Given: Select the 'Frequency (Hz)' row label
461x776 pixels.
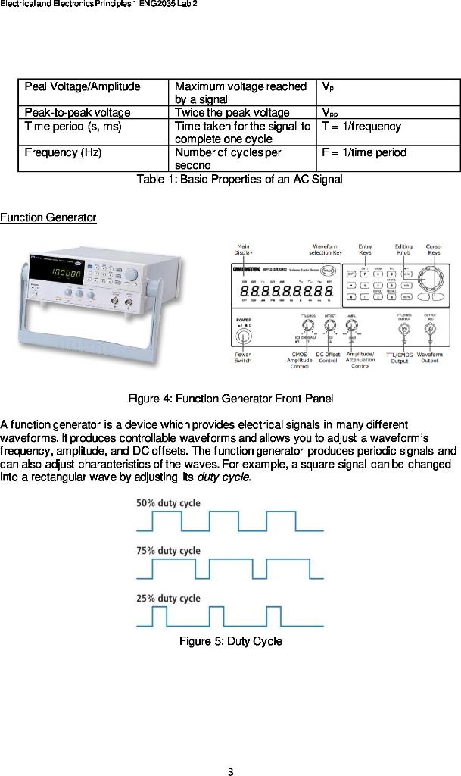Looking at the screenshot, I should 63,152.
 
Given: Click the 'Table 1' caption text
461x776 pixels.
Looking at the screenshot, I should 238,180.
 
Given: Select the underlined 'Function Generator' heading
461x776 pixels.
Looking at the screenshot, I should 48,218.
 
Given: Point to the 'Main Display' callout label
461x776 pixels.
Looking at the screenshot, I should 244,249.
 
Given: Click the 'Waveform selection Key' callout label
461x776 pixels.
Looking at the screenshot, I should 326,249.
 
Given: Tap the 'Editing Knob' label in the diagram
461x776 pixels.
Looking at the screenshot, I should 403,249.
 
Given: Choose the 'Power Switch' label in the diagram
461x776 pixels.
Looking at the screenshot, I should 243,358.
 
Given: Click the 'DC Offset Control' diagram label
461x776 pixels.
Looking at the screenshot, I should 328,358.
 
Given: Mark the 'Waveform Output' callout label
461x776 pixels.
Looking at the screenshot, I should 429,358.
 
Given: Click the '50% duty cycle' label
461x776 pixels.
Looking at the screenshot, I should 168,503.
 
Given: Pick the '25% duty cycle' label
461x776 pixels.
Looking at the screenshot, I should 168,598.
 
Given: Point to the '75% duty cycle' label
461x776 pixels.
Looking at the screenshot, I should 168,551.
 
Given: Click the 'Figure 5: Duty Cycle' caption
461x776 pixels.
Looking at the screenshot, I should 230,642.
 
